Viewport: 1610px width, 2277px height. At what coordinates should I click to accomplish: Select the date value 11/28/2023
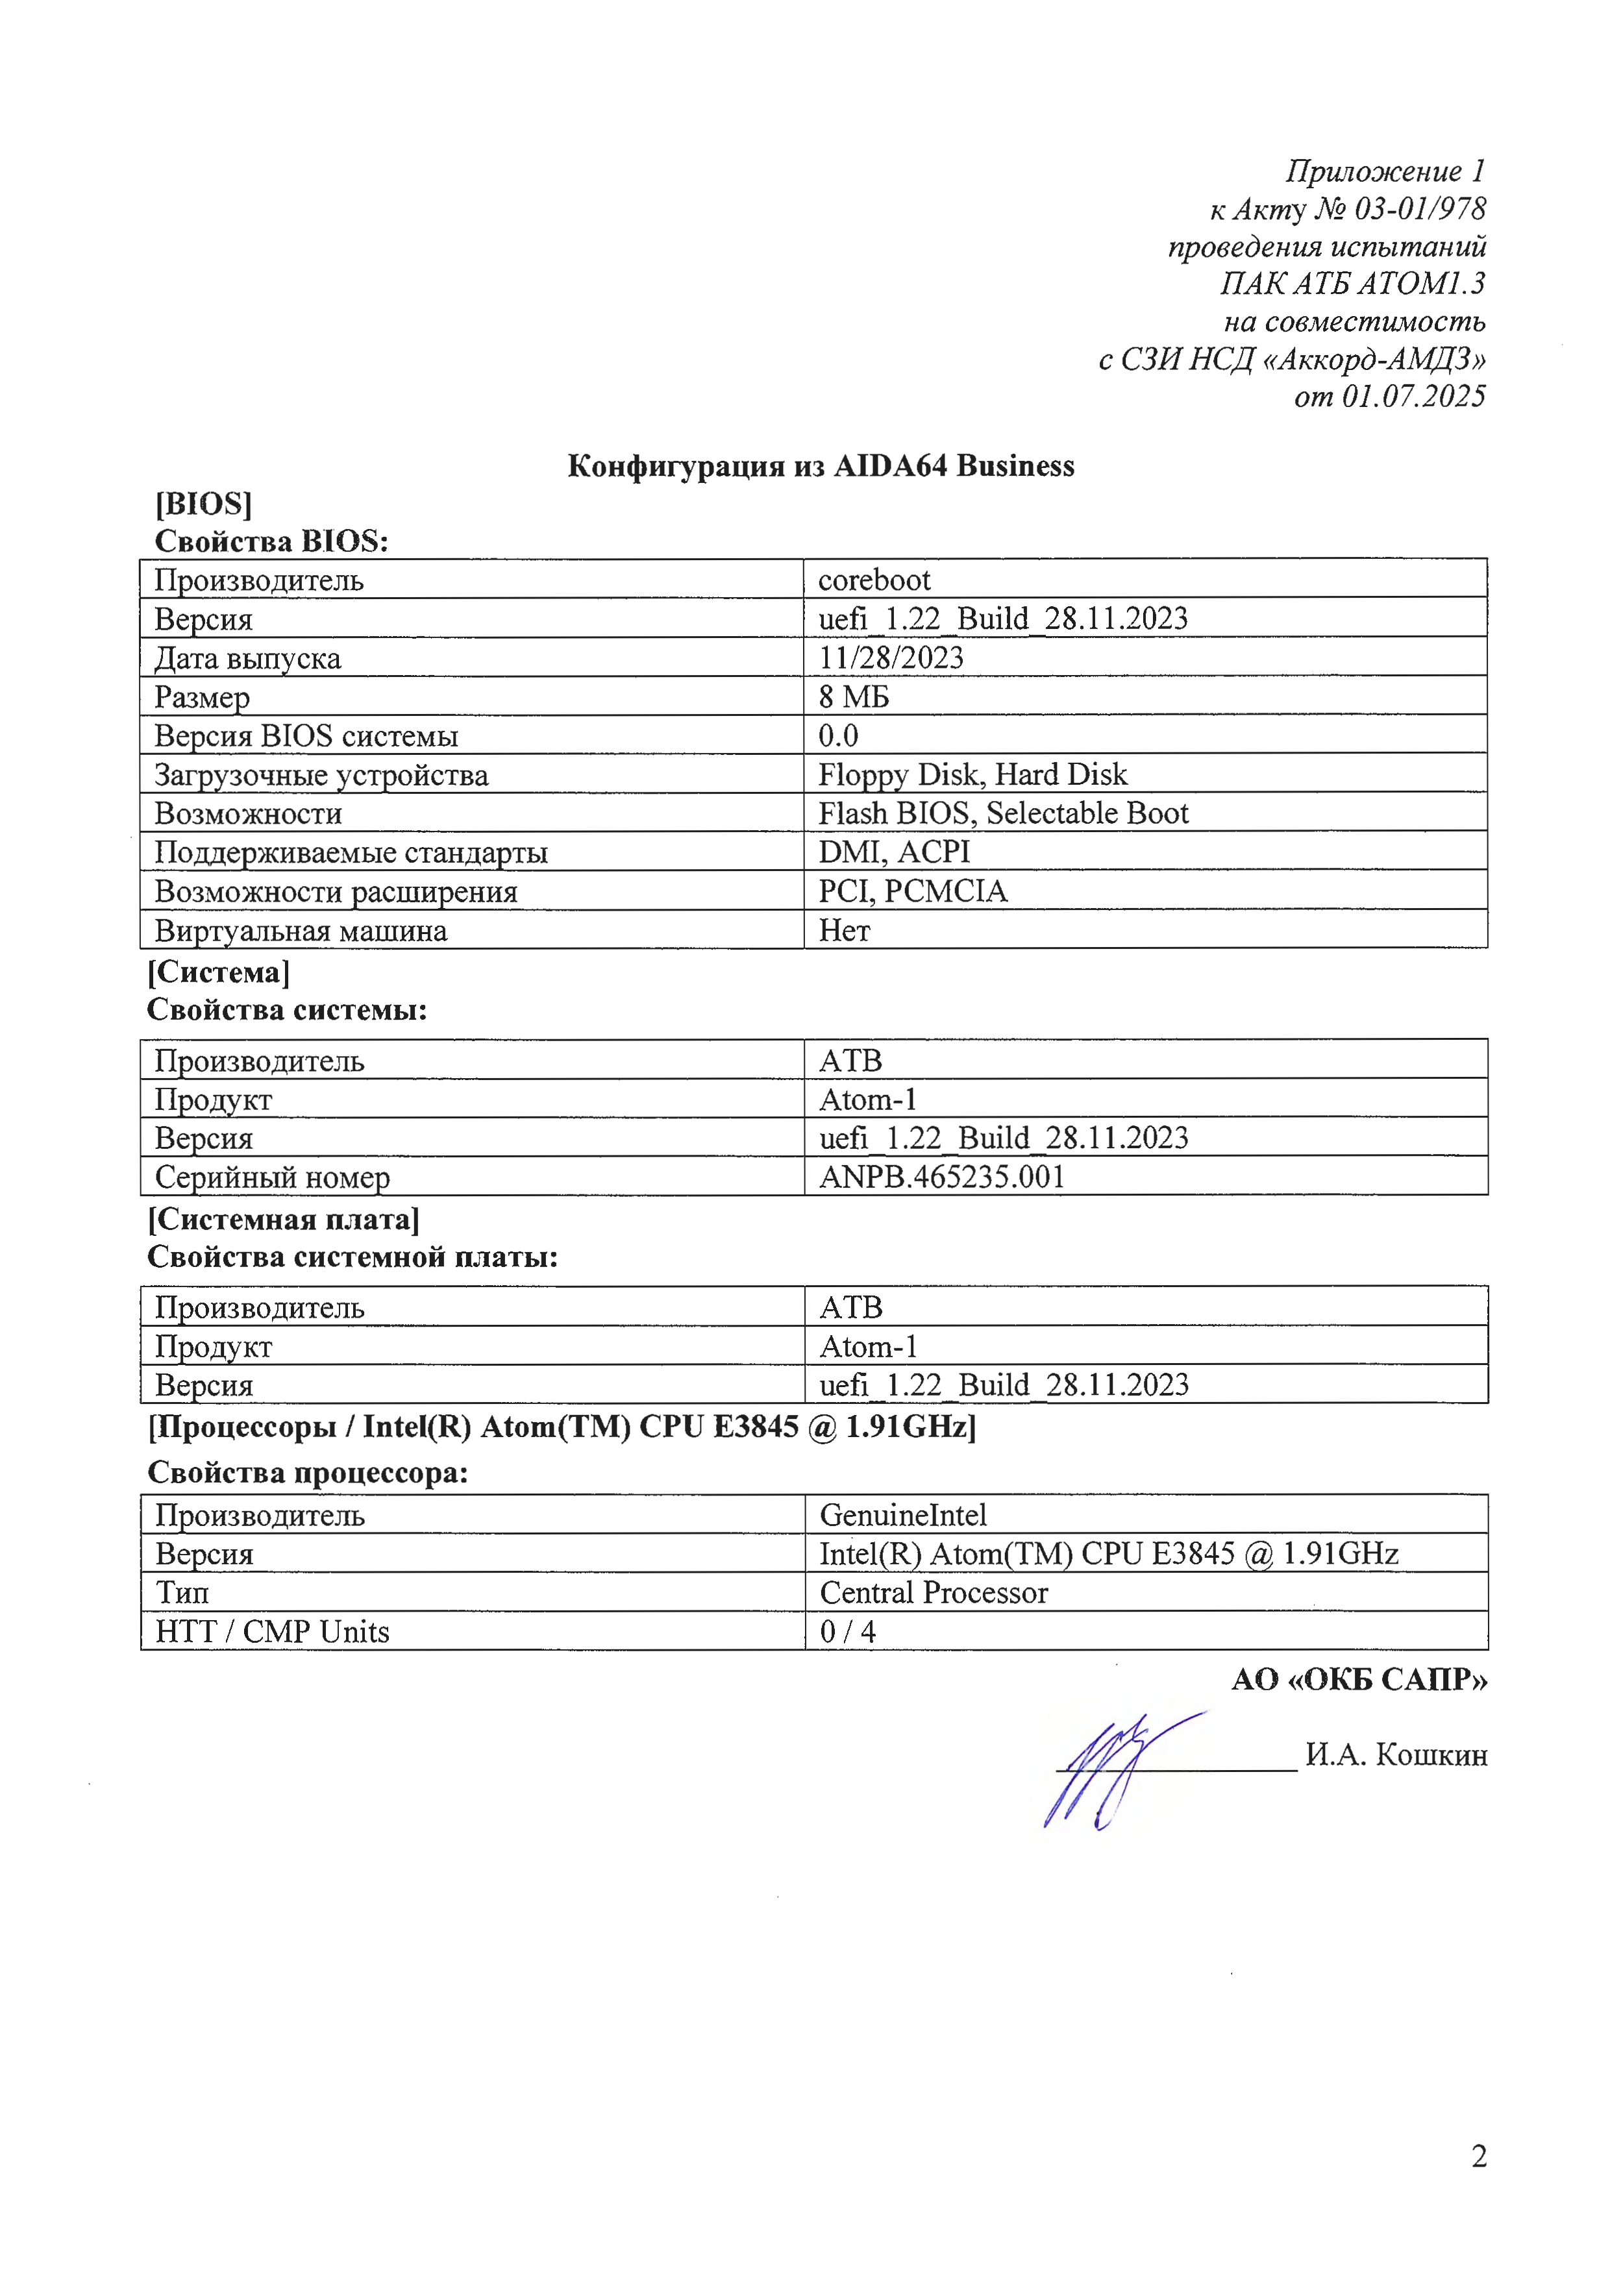pos(891,658)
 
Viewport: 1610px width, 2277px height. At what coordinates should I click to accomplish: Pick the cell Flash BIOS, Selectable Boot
pos(1003,812)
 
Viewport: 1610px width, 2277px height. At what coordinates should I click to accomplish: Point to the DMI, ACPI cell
pos(894,851)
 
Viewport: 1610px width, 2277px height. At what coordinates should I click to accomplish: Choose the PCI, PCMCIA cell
pos(913,891)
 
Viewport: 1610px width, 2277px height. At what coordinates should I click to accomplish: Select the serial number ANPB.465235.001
pos(941,1176)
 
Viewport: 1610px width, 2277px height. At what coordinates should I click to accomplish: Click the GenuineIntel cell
pos(903,1514)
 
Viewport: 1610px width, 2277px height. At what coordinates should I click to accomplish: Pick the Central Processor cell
pos(934,1592)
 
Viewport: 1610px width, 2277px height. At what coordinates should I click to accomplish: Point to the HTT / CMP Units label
pos(272,1631)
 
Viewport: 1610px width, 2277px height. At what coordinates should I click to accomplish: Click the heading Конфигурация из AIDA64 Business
pos(821,465)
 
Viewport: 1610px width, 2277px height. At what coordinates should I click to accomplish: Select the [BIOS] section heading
pos(203,504)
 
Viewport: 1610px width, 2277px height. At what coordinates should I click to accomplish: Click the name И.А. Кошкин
pos(1396,1754)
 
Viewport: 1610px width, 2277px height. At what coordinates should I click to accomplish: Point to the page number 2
pos(1478,2156)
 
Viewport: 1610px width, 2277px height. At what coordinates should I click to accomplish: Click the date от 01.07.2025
pos(1389,396)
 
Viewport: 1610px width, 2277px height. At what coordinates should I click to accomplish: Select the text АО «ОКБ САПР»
pos(1359,1679)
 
